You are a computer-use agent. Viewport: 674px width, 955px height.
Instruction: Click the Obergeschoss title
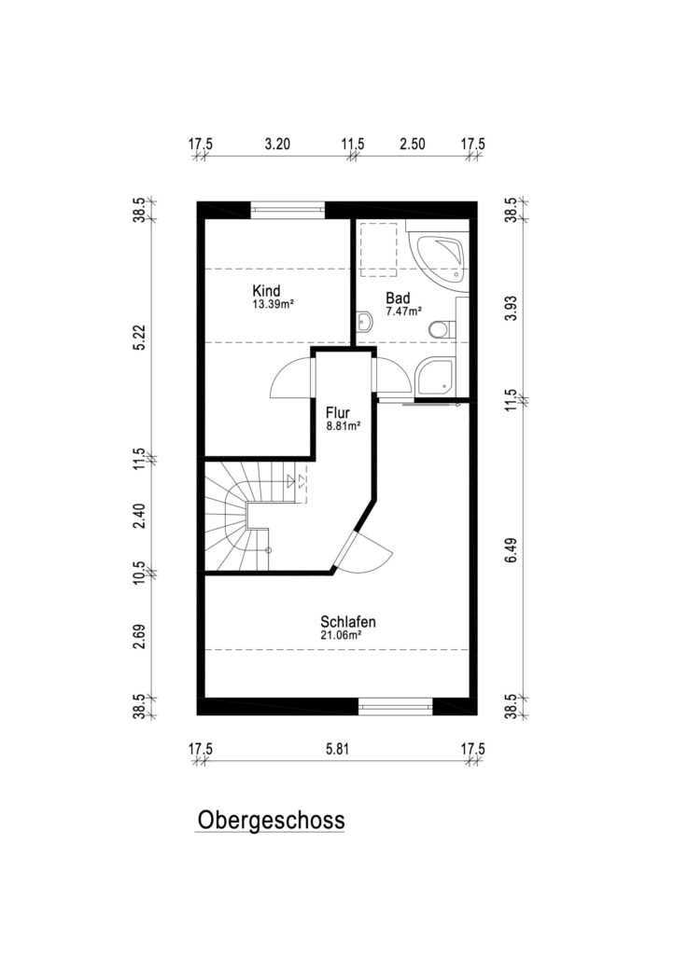[x=271, y=820]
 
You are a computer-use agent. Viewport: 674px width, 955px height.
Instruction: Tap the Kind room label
[x=266, y=290]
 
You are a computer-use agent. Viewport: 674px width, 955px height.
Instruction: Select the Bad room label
[x=398, y=298]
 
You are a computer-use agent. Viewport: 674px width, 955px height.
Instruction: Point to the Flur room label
[x=338, y=412]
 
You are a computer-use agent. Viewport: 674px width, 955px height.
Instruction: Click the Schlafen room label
[x=348, y=622]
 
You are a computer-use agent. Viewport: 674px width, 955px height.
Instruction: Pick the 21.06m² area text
[x=342, y=634]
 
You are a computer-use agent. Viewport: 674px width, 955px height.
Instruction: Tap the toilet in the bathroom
[x=439, y=329]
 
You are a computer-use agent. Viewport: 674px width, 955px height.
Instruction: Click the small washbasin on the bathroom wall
[x=364, y=322]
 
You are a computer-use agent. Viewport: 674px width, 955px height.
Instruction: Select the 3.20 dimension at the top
[x=277, y=145]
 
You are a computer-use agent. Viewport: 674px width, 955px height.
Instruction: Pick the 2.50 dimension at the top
[x=412, y=145]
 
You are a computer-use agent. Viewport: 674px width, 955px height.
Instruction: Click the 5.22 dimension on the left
[x=139, y=338]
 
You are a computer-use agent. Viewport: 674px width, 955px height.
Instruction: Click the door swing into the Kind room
[x=291, y=377]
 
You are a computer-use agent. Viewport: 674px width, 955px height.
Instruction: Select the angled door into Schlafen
[x=365, y=550]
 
